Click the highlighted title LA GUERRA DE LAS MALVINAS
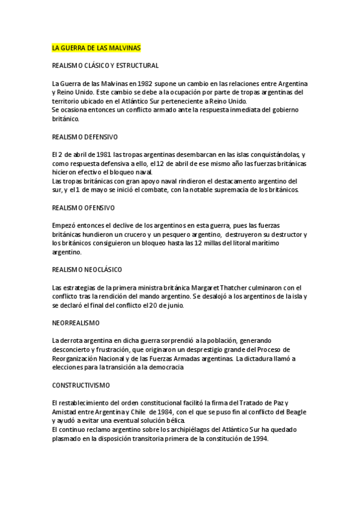click(x=96, y=48)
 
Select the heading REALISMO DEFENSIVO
click(x=85, y=137)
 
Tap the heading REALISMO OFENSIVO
click(x=84, y=207)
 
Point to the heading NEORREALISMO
click(x=76, y=323)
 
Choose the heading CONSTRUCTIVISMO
click(x=81, y=384)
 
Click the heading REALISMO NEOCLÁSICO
click(x=87, y=269)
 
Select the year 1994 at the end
click(x=258, y=438)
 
